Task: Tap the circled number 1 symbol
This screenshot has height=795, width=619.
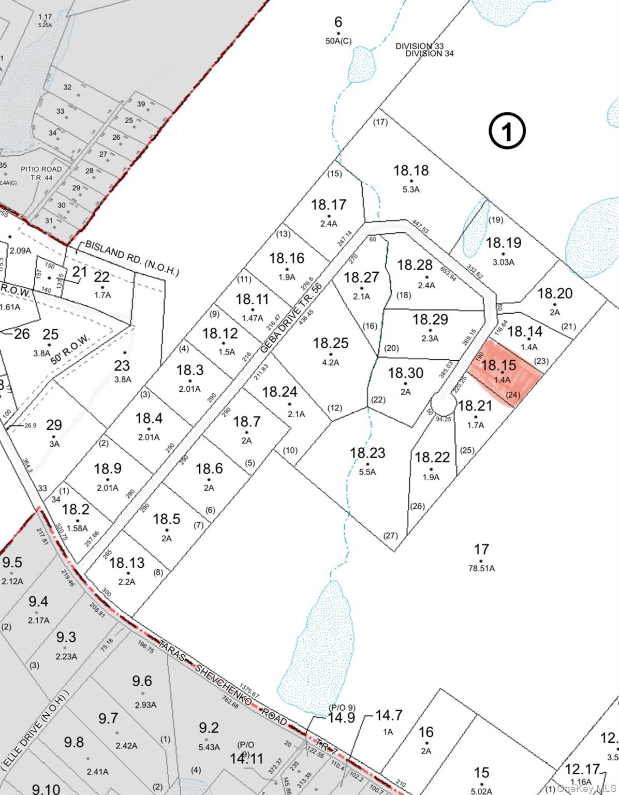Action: [x=507, y=131]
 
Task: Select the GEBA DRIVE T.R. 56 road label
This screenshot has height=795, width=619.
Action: [x=291, y=317]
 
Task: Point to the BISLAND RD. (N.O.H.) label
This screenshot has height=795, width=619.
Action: [x=131, y=258]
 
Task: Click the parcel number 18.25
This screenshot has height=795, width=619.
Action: [x=330, y=343]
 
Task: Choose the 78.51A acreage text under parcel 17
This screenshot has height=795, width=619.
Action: [x=481, y=568]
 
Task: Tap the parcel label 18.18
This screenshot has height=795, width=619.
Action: [x=411, y=170]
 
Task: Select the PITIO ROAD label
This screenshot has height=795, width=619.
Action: [x=41, y=169]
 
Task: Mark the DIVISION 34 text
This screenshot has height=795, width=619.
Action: [x=429, y=53]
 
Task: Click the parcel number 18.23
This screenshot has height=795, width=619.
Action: [x=367, y=453]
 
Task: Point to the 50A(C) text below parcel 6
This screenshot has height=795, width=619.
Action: [x=338, y=41]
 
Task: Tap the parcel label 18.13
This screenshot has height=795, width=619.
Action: [x=127, y=563]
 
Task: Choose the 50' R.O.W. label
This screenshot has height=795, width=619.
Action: [x=70, y=349]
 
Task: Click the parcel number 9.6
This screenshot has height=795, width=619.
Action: [x=142, y=681]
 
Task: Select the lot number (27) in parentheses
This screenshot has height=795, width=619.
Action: [x=390, y=535]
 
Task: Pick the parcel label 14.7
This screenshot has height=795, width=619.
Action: [x=388, y=715]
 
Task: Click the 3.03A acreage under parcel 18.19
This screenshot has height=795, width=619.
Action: [x=503, y=262]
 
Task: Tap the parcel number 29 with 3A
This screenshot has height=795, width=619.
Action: [x=54, y=425]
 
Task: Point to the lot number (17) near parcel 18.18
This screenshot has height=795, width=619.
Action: [x=380, y=122]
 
